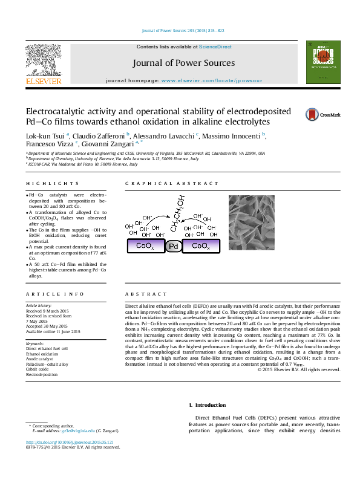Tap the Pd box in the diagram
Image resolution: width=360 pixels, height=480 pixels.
pyautogui.click(x=174, y=246)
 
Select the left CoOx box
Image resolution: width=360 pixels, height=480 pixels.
pyautogui.click(x=145, y=246)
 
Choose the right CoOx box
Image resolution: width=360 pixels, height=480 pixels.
pyautogui.click(x=201, y=246)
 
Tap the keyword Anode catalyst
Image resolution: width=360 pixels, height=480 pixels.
pyautogui.click(x=39, y=360)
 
